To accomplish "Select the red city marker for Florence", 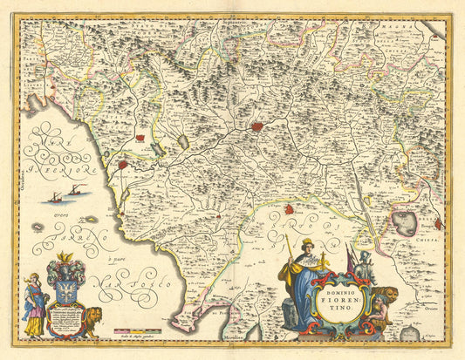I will pyautogui.click(x=257, y=126).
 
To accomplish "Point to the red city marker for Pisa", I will pyautogui.click(x=123, y=164).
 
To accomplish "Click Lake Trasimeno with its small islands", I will pyautogui.click(x=404, y=224).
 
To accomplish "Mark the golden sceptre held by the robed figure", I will pyautogui.click(x=289, y=253).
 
